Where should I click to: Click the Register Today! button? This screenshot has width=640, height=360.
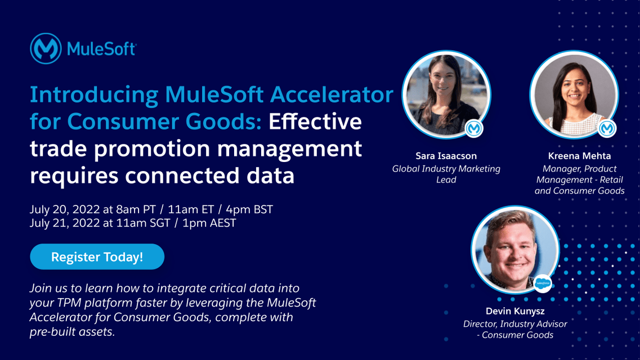(97, 257)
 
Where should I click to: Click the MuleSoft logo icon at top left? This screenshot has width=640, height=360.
(46, 48)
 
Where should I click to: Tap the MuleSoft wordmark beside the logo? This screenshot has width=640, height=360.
(101, 49)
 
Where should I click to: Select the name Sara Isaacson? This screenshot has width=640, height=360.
(446, 156)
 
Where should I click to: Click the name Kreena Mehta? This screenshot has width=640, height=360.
(579, 156)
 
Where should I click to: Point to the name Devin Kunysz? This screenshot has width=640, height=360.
(514, 311)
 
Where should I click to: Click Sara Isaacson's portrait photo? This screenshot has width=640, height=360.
(446, 94)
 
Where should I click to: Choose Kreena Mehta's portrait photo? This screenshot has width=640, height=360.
(574, 94)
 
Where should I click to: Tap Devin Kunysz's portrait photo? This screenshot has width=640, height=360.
(514, 249)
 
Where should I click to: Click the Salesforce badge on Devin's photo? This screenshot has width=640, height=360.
(543, 283)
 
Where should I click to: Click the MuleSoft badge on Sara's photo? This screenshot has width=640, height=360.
(474, 129)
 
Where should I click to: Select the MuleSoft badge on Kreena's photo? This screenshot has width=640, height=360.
(607, 129)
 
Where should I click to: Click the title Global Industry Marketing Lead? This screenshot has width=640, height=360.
(446, 174)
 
